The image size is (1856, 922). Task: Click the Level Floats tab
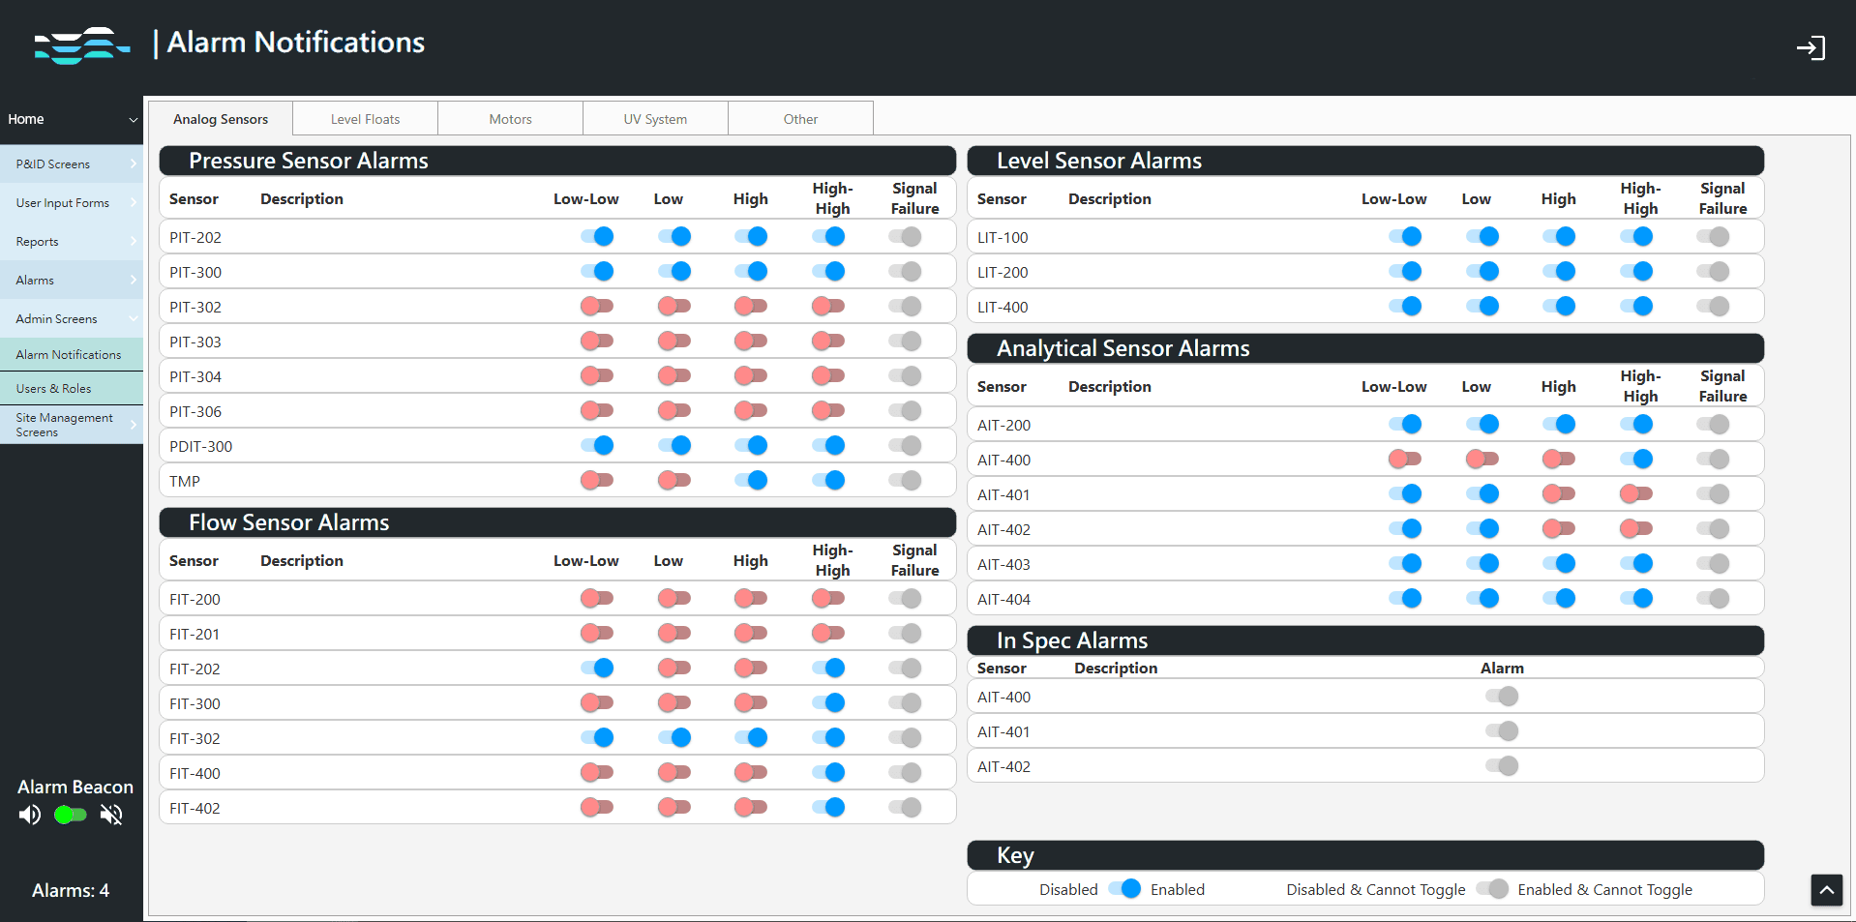365,119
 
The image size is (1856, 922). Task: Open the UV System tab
655,119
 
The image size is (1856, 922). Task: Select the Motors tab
510,119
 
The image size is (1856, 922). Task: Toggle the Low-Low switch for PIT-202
597,236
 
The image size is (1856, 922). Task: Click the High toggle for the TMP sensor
751,480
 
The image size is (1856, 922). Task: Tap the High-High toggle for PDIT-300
828,445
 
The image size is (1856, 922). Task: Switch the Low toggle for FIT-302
674,737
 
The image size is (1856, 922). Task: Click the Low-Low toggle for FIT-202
597,668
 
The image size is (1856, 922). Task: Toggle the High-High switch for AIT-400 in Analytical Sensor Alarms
1636,459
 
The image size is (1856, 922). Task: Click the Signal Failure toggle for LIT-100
1713,236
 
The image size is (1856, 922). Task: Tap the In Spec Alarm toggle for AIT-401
1502,731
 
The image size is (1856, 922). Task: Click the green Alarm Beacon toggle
71,815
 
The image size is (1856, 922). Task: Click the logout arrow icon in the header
1810,47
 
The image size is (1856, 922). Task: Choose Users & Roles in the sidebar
54,389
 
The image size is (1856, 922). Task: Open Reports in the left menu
38,242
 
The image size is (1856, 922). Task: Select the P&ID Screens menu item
53,164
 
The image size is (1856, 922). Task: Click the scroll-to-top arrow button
1826,889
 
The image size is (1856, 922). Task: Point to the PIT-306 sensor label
195,411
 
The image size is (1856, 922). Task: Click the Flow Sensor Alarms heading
288,522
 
